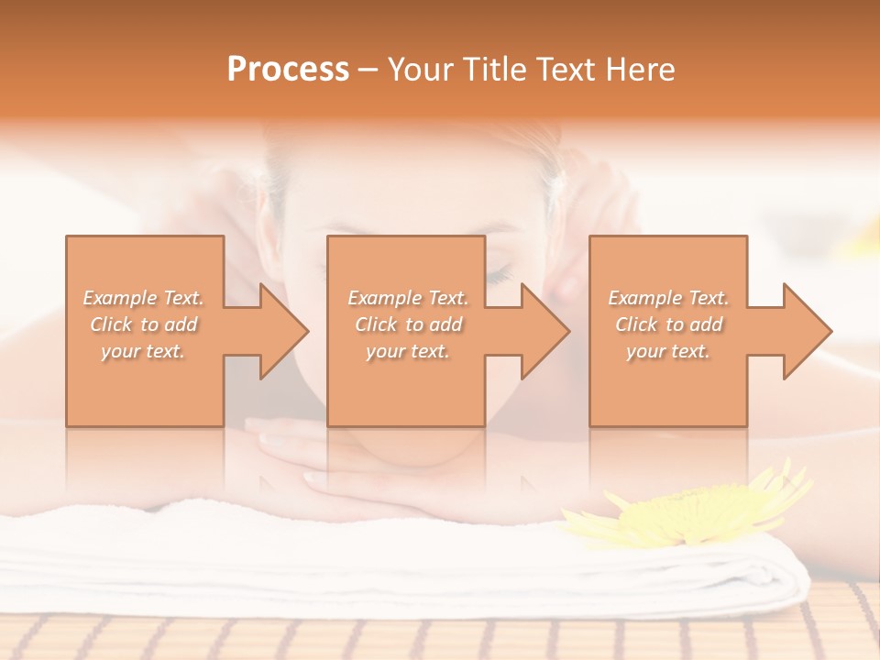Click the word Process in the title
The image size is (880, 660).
(x=288, y=70)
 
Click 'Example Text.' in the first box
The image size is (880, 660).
(x=144, y=298)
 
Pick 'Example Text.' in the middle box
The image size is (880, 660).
(x=408, y=298)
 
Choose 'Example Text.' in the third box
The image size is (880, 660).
(x=668, y=298)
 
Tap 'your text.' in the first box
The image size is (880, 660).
(x=143, y=351)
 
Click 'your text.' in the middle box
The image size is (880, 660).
(x=407, y=351)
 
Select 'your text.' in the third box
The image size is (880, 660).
(x=667, y=351)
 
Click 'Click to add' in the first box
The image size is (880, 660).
(x=144, y=324)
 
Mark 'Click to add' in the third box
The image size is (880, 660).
(x=668, y=324)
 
